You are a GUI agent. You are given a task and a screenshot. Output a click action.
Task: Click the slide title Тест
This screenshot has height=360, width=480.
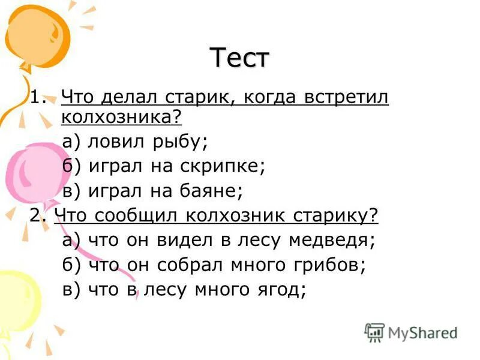[x=241, y=58]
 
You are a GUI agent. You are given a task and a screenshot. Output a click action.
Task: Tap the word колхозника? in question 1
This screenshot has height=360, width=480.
[x=121, y=117]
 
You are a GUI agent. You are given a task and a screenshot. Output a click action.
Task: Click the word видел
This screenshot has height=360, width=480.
[x=171, y=240]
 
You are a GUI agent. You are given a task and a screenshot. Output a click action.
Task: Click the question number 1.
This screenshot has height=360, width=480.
[x=37, y=98]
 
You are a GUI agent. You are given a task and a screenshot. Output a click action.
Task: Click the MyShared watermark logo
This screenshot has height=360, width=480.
[x=412, y=332]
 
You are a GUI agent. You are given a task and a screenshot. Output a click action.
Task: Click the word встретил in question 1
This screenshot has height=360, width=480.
[x=347, y=98]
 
